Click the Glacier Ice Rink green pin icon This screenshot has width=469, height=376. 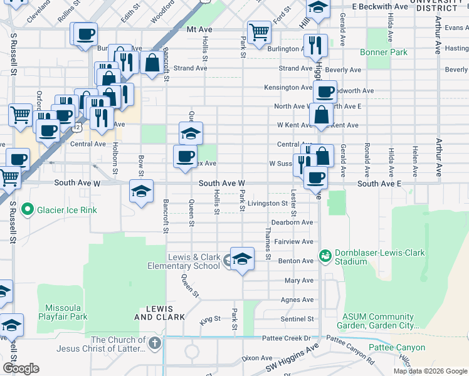click(27, 209)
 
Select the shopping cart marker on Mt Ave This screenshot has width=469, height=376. click(259, 32)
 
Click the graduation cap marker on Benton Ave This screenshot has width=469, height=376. click(242, 258)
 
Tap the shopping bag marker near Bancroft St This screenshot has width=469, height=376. click(152, 63)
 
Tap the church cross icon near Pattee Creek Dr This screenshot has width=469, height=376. click(155, 342)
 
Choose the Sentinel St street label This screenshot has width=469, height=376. click(297, 319)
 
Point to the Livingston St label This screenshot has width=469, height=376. click(267, 204)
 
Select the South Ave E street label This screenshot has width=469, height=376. click(379, 184)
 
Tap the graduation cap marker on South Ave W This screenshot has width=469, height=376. click(142, 191)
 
